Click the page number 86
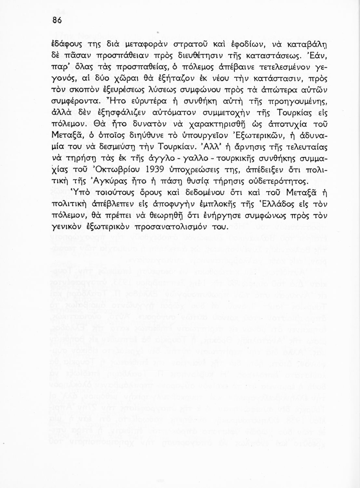[57, 20]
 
